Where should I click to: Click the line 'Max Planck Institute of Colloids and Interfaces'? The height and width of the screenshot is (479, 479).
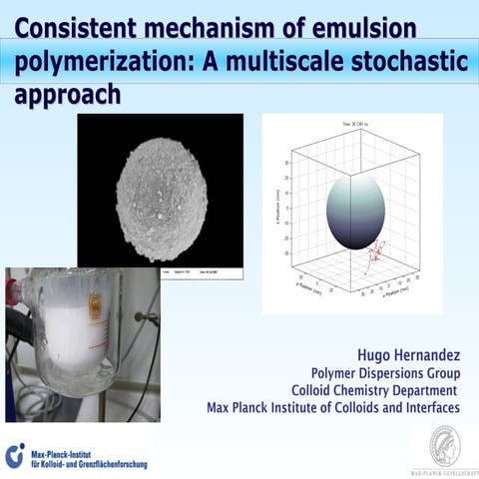(x=332, y=407)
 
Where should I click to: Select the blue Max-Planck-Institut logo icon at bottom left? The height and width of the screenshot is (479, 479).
(x=15, y=455)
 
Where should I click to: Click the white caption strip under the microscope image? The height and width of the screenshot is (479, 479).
(x=195, y=271)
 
